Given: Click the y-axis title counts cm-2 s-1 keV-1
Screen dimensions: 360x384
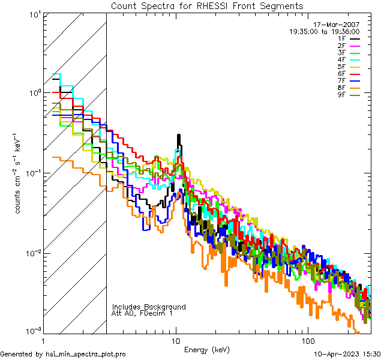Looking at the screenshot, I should [19, 173].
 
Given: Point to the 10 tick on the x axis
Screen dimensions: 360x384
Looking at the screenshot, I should [176, 340].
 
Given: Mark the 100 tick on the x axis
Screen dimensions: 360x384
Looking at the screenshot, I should [307, 340].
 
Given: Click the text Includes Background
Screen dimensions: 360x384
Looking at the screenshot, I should [149, 307].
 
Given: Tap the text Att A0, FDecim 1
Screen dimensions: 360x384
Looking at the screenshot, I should [142, 313].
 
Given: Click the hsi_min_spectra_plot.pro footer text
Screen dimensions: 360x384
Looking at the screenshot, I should [63, 355].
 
